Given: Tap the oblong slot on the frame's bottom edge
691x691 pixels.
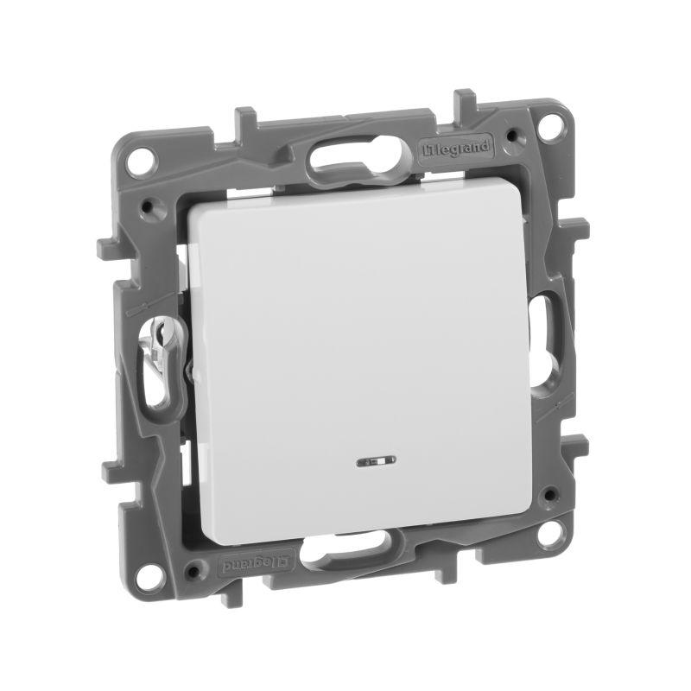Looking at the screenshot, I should pyautogui.click(x=353, y=550).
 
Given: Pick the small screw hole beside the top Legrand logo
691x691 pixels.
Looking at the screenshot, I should pyautogui.click(x=516, y=136).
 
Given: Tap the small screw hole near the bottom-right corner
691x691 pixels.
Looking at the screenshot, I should pyautogui.click(x=545, y=495).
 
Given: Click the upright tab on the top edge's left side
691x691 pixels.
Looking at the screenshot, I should pyautogui.click(x=244, y=117).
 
